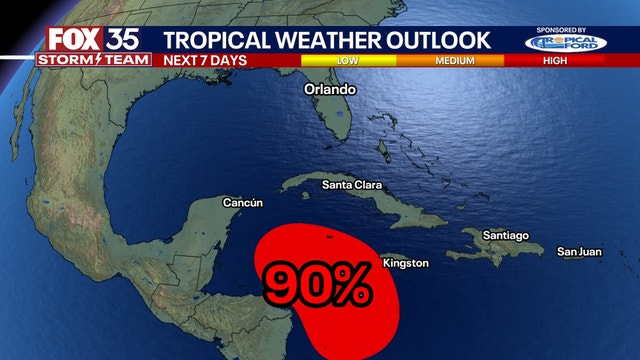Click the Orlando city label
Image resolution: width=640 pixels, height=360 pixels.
330,89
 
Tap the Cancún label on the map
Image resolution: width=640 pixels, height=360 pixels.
241,203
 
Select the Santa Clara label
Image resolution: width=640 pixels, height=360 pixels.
352,185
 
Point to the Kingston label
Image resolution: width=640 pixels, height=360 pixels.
405,263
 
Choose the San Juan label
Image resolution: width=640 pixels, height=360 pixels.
579,251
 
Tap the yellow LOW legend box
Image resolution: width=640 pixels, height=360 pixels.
347,59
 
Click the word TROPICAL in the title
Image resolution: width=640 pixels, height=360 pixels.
215,40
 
